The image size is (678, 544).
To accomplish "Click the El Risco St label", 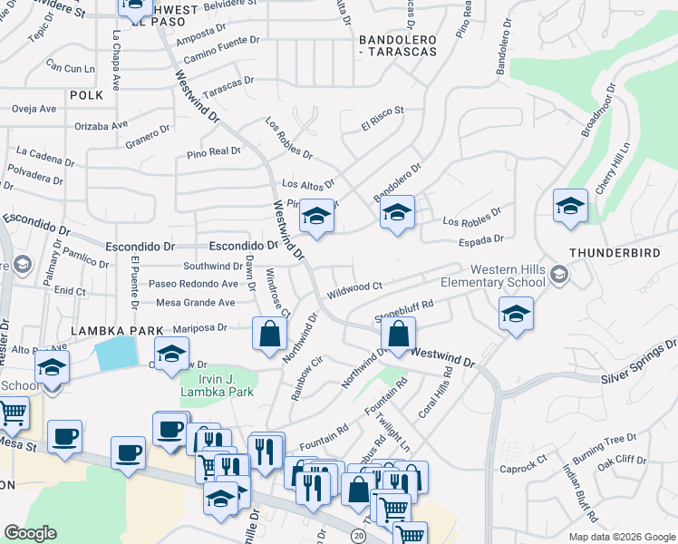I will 382,119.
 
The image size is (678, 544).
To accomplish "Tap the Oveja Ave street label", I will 34,109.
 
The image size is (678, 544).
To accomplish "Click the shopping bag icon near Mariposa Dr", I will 269,332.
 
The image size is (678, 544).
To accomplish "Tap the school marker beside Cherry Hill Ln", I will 570,206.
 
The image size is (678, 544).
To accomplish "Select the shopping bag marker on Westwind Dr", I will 398,333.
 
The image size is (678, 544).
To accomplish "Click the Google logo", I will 30,533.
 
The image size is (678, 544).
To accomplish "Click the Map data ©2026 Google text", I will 622,537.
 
